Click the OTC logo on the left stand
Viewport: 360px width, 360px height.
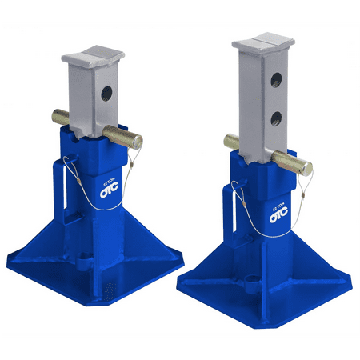pos(108,191)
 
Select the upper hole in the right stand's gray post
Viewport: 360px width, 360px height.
pos(276,80)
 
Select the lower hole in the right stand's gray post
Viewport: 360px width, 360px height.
pos(274,118)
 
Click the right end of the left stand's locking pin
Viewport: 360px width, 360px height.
pos(138,142)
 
